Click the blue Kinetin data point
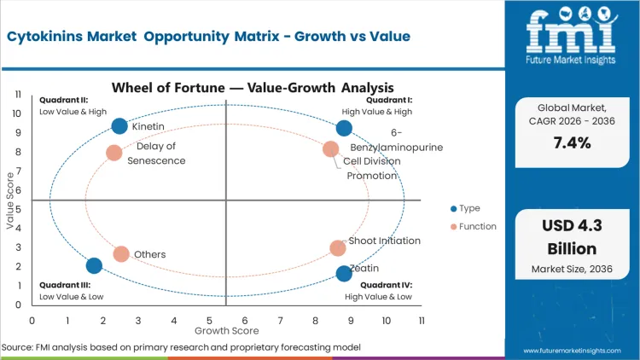pos(119,126)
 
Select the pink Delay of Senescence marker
pos(113,153)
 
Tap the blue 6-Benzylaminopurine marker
pos(344,128)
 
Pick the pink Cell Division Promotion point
pos(331,149)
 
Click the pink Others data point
pos(121,254)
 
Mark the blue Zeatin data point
pos(344,273)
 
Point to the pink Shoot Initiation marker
pos(338,248)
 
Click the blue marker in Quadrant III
pos(94,265)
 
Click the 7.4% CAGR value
pos(571,142)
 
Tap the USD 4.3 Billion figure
pos(571,237)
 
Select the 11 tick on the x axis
pos(422,320)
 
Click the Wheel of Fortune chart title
pos(253,87)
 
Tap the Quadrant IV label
pos(386,285)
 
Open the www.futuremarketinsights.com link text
pos(577,351)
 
